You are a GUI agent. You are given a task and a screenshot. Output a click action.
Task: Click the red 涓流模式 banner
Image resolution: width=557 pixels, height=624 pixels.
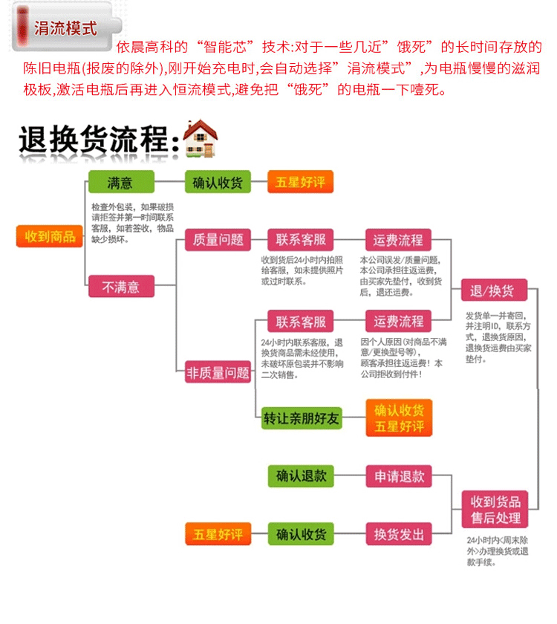pos(65,28)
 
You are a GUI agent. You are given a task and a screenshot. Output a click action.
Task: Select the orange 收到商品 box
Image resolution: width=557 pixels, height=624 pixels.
pos(50,236)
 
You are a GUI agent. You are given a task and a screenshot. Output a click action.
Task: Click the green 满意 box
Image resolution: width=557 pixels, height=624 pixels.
pos(120,182)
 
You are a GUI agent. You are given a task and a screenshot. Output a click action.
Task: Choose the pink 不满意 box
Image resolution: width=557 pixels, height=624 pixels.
pos(120,286)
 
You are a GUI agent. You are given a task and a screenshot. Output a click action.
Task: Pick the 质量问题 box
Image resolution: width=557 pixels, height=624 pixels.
pos(218,240)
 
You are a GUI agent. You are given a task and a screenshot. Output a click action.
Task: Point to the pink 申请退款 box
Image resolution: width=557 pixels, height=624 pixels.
pos(398,475)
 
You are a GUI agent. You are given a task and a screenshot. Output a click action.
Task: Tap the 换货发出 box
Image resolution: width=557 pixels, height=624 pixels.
pos(398,533)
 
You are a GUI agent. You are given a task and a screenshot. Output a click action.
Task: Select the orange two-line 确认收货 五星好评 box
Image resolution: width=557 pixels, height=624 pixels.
pos(399,418)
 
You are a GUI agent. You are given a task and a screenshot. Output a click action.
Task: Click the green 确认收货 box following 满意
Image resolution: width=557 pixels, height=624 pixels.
pos(218,182)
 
